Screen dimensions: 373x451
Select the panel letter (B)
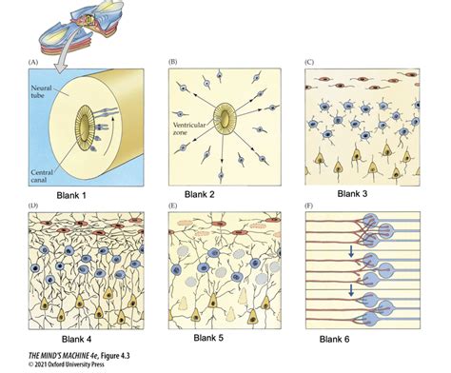[x=173, y=63]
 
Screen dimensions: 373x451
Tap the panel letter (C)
[x=309, y=63]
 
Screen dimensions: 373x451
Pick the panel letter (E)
[x=173, y=206]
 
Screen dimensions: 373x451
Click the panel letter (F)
[x=309, y=206]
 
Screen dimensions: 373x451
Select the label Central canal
[x=49, y=174]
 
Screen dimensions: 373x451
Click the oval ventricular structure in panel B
[x=225, y=121]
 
